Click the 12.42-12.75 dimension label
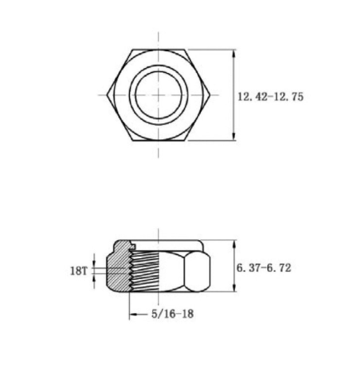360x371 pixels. tap(271, 97)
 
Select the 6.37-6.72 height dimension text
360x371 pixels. tap(264, 267)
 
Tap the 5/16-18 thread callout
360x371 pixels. tap(172, 314)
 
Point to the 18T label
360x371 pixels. tap(79, 271)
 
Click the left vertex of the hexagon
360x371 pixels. tap(107, 95)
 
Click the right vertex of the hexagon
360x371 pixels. tap(210, 95)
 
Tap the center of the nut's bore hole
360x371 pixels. tap(159, 95)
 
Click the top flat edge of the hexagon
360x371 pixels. tap(159, 50)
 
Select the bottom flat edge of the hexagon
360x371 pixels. tap(159, 141)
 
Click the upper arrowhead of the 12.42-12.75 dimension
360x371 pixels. tap(234, 54)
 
